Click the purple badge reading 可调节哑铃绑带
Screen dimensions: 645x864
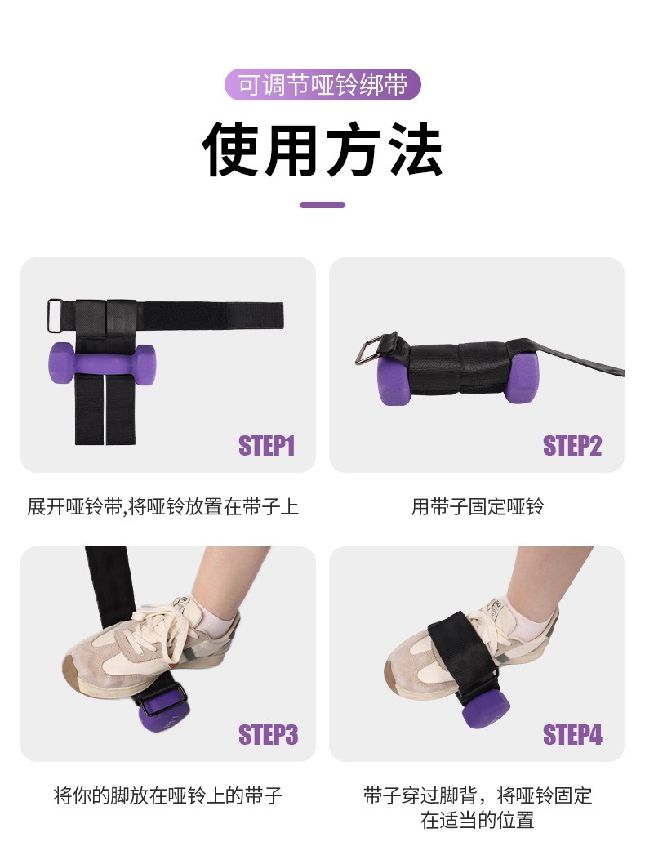click(x=322, y=85)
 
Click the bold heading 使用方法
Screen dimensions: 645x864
click(x=322, y=149)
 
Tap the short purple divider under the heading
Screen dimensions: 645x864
click(x=322, y=205)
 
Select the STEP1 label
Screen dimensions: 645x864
click(x=267, y=446)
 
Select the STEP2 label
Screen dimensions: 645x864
click(x=572, y=446)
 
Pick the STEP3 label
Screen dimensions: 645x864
click(x=268, y=735)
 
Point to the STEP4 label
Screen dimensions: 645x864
click(x=572, y=735)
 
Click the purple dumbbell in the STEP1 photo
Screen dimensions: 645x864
click(x=102, y=364)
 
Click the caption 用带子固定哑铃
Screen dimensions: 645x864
click(x=477, y=506)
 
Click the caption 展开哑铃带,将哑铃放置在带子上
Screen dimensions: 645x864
click(x=162, y=506)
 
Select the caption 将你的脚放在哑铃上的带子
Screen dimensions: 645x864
click(x=168, y=795)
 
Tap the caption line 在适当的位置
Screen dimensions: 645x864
click(x=477, y=821)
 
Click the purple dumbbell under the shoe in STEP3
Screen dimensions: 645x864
click(x=163, y=714)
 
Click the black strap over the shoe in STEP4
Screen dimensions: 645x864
click(x=461, y=648)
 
